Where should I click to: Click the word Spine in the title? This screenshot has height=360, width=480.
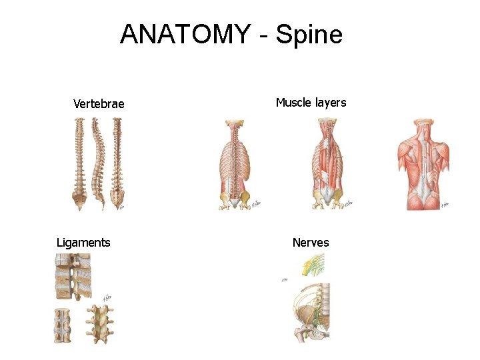[x=309, y=34]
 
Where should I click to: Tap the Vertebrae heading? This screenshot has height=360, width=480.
[x=99, y=103]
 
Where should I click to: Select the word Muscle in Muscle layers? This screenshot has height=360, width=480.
[x=294, y=102]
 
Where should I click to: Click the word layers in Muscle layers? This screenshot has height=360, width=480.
[x=330, y=102]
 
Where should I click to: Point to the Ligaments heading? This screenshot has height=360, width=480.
[x=83, y=242]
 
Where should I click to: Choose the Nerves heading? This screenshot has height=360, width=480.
[x=311, y=242]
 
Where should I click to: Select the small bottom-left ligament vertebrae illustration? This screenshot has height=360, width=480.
[x=63, y=325]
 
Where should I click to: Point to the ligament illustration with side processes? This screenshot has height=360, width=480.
[x=99, y=324]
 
